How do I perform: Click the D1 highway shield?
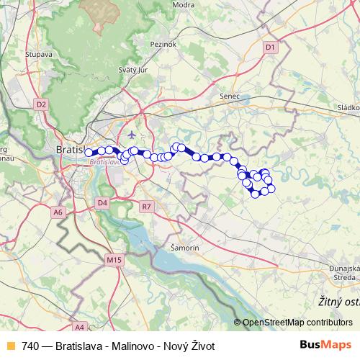coord(270,48)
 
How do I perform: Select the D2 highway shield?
coord(41,104)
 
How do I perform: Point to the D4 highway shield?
coord(102,203)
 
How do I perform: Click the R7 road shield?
coord(147,207)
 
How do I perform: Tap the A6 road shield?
coord(58,212)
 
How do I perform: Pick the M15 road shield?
coord(114,259)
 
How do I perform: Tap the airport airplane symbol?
coord(130,135)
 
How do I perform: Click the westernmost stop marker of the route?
coord(89,152)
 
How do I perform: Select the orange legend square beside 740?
coord(9,346)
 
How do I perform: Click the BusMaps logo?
coord(325,346)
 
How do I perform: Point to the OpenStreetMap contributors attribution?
coord(297,323)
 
